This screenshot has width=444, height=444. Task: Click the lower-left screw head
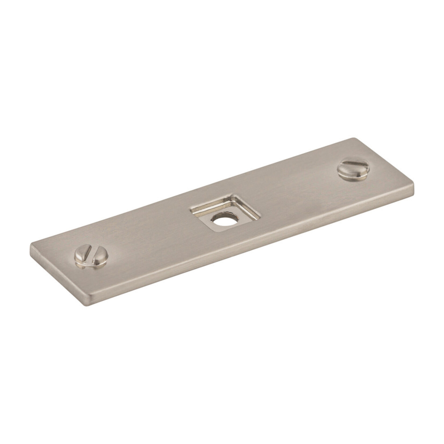[x=91, y=256]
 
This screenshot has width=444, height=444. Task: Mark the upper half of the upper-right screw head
[x=352, y=163]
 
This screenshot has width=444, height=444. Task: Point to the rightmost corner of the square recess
[x=260, y=216]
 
